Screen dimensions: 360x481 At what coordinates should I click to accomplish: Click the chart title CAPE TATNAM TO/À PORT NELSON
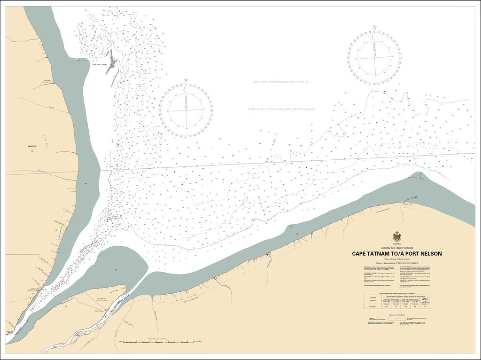point(396,254)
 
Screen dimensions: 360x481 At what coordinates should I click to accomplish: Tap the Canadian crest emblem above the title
point(397,236)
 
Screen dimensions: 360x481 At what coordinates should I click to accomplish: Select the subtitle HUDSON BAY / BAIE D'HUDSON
point(397,248)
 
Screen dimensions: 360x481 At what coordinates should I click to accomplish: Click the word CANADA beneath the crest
point(397,244)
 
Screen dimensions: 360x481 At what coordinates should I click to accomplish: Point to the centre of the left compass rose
point(186,110)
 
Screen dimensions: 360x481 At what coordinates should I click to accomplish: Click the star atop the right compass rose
point(375,27)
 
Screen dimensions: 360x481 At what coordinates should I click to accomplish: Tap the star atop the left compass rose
point(186,80)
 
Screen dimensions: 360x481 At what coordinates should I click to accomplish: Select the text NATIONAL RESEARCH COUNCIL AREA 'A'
point(281,82)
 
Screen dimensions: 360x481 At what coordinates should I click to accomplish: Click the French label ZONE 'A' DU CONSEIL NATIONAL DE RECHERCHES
point(281,109)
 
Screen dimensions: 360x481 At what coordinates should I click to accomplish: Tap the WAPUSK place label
point(35,147)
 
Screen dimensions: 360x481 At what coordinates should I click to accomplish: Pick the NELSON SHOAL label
point(101,65)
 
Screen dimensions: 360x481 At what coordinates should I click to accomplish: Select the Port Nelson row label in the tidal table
point(373,306)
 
